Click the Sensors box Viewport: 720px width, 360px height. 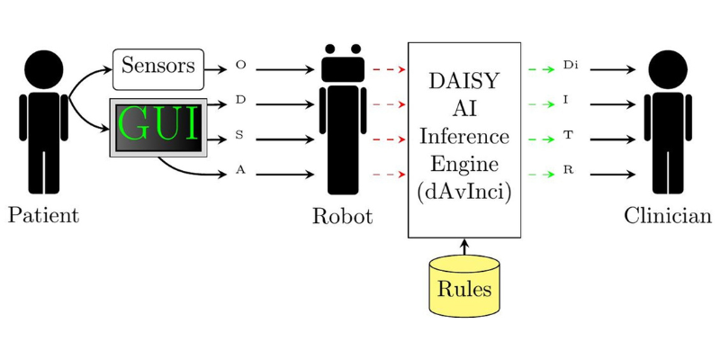(157, 67)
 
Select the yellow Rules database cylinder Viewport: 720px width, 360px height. (464, 286)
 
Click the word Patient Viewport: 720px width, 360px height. (43, 216)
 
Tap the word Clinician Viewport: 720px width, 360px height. (668, 217)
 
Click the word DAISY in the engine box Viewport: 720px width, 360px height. (464, 82)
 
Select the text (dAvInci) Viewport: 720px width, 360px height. (464, 192)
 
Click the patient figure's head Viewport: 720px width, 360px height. (43, 68)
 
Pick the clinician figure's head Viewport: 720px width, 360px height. (669, 68)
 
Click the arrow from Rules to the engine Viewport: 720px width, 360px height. (464, 246)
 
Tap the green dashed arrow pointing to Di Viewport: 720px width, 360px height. (541, 69)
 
